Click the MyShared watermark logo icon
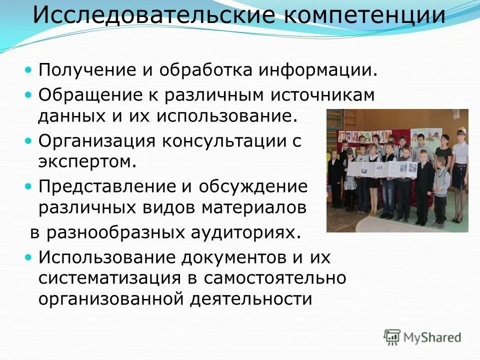point(392,337)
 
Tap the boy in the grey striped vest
point(441,185)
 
